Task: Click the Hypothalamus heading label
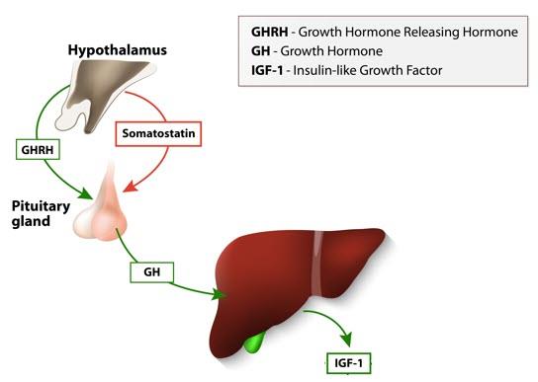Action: [x=118, y=50]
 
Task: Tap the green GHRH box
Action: [x=38, y=149]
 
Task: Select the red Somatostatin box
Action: [x=158, y=133]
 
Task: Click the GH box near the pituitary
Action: [x=152, y=272]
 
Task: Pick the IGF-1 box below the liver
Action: [x=348, y=363]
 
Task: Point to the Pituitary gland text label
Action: [x=41, y=213]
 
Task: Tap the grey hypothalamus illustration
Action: [x=105, y=94]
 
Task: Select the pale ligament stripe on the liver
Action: [x=318, y=263]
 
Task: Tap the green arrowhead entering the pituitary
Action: [x=85, y=193]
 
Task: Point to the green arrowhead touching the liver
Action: [x=219, y=294]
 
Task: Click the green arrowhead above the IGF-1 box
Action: [x=346, y=339]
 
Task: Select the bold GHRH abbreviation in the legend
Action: [x=270, y=32]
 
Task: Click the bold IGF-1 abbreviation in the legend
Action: [x=267, y=70]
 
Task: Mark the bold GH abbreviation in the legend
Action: [x=260, y=51]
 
